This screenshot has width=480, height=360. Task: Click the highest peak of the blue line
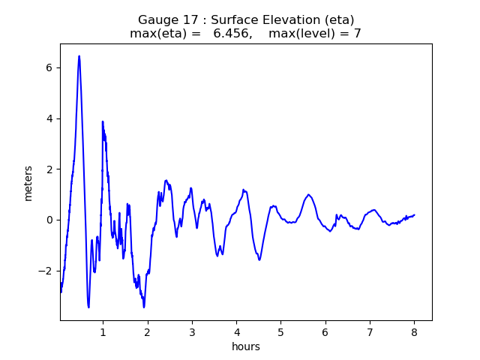79,55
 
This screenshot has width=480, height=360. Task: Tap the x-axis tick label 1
103,332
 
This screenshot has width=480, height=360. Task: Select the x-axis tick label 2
148,332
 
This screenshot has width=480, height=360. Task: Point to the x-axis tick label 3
192,332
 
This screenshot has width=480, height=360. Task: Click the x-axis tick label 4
236,332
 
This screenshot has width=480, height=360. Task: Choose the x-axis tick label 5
280,332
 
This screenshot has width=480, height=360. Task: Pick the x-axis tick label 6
325,332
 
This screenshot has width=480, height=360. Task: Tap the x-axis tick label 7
370,332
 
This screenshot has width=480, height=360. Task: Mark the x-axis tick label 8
414,332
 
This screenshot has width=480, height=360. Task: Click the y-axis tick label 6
48,67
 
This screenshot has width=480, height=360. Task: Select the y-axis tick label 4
48,118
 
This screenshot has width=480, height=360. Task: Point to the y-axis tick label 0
48,220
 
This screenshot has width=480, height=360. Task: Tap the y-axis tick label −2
45,271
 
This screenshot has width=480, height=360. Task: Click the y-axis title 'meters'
28,183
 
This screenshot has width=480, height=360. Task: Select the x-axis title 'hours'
246,346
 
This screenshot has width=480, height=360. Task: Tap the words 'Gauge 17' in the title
165,19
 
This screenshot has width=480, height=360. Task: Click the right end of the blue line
414,215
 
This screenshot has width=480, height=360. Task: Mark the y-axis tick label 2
48,169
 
